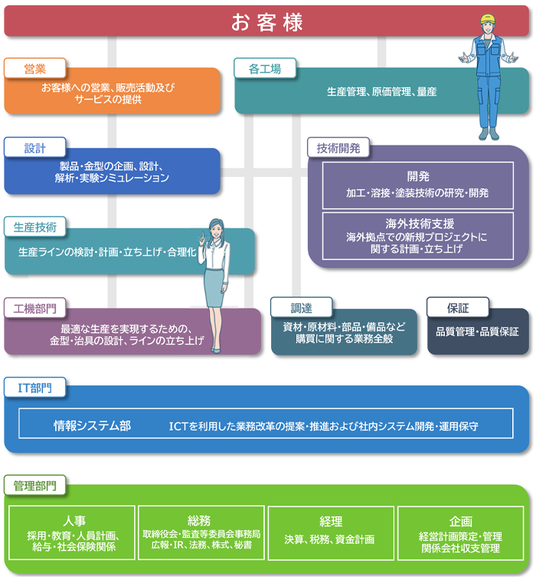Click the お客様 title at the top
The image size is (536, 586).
[267, 21]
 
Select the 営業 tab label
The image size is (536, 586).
[35, 69]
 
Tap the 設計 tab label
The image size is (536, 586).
[35, 148]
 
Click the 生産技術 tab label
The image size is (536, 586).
[35, 227]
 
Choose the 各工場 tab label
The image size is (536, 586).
[265, 69]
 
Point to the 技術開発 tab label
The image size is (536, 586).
[338, 147]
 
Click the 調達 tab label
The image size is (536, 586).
[301, 308]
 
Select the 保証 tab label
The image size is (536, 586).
[457, 308]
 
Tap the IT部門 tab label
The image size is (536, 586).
[35, 388]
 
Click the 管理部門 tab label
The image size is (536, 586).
[35, 485]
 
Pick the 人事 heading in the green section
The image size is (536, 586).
[74, 521]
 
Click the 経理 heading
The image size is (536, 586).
[332, 522]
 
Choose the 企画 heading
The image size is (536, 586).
[461, 521]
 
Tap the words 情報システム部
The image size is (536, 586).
[92, 425]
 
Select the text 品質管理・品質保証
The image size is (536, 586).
[477, 332]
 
